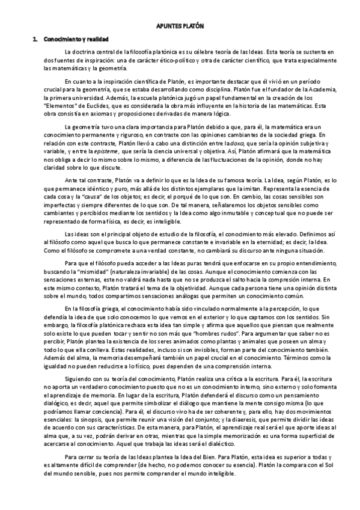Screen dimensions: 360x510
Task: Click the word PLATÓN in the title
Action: click(x=194, y=26)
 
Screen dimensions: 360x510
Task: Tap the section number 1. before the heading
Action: click(x=35, y=39)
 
